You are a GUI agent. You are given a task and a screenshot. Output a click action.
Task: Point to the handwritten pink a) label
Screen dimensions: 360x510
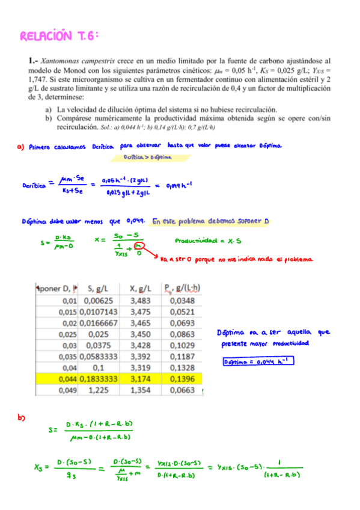tap(22, 146)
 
